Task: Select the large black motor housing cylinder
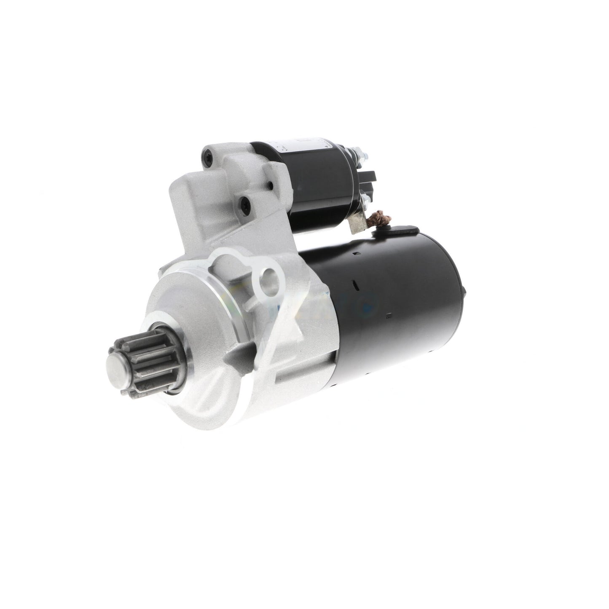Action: pos(392,303)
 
